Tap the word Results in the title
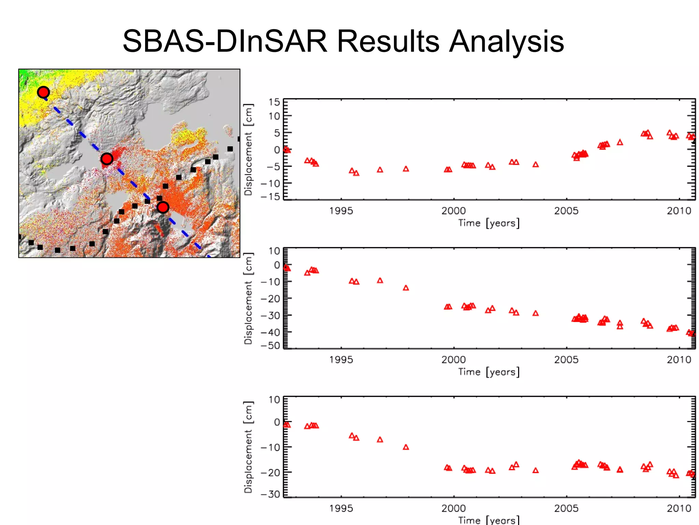tap(388, 42)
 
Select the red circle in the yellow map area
tap(43, 92)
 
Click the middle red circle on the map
tap(107, 159)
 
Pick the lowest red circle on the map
tap(163, 207)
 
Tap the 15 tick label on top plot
tap(274, 102)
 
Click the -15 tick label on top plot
tap(271, 197)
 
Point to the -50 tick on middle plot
tap(271, 346)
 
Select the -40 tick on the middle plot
tap(271, 332)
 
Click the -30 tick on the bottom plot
tap(271, 494)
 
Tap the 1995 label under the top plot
tap(341, 211)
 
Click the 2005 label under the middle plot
tap(566, 360)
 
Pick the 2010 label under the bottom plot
tap(679, 508)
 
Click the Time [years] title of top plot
tap(489, 223)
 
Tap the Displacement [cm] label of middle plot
tap(248, 298)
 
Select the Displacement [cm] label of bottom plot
tap(248, 447)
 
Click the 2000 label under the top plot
tap(454, 211)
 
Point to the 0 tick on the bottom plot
tap(277, 422)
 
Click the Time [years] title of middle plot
tap(489, 372)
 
